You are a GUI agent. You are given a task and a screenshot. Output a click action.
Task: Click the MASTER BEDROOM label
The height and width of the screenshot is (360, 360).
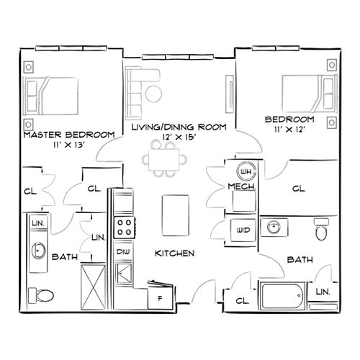69,135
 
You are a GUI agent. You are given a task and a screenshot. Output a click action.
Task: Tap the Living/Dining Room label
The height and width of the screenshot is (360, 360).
179,127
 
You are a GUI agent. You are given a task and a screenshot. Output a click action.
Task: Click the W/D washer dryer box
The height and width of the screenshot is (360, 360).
242,231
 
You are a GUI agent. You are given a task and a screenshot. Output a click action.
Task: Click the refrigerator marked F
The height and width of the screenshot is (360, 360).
160,295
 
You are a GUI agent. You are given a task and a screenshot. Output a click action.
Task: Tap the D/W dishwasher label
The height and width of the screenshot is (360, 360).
123,251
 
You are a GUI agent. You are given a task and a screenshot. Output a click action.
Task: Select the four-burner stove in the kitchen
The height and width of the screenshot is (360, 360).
125,228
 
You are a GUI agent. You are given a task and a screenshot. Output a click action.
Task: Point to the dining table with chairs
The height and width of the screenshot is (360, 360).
167,158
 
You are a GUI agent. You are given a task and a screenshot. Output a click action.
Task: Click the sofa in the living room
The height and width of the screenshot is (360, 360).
136,92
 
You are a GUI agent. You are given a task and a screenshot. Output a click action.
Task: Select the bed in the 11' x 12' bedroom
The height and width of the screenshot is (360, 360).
303,93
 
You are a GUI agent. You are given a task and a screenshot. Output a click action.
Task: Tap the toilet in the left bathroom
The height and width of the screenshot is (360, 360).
41,294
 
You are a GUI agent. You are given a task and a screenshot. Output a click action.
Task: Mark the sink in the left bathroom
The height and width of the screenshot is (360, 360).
38,251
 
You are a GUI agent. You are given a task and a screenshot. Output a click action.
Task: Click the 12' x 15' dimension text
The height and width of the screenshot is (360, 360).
179,137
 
